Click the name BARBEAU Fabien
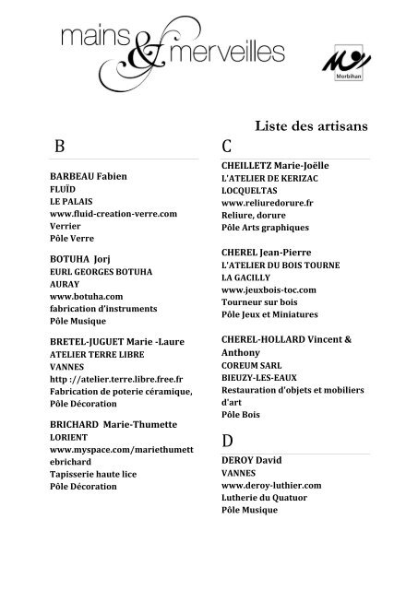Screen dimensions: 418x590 88,175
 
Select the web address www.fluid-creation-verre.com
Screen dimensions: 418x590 113,213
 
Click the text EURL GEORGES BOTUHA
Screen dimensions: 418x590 102,274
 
